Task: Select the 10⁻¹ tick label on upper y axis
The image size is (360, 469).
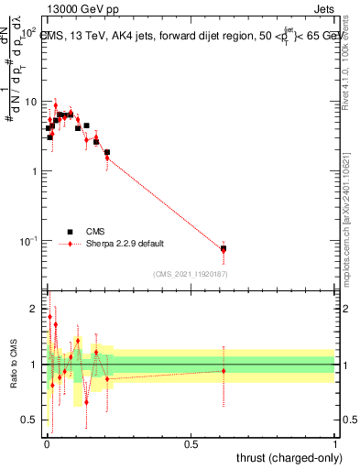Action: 27,241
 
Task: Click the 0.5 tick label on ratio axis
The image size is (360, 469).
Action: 30,420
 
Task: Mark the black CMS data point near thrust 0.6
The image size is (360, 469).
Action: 224,248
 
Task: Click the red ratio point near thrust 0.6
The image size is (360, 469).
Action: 224,370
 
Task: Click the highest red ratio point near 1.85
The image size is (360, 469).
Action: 49,317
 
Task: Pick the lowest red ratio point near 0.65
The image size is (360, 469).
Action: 86,401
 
